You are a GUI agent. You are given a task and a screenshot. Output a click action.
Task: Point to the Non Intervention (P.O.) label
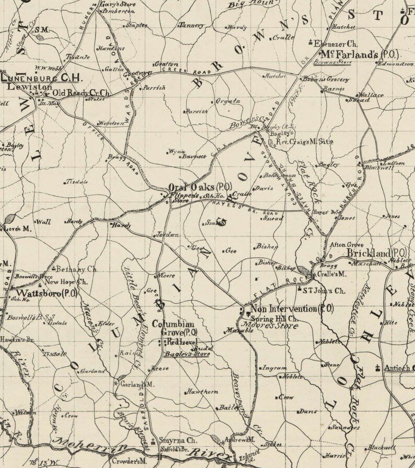click(292, 309)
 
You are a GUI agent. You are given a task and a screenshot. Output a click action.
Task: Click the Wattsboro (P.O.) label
click(48, 293)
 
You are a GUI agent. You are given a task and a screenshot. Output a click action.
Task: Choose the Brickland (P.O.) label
click(378, 253)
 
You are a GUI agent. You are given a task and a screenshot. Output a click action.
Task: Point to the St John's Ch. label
click(325, 289)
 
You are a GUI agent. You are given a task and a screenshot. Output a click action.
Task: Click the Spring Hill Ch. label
click(274, 318)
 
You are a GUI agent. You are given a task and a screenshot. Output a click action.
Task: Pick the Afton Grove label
click(344, 243)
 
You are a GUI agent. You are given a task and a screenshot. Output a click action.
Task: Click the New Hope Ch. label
click(65, 281)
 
